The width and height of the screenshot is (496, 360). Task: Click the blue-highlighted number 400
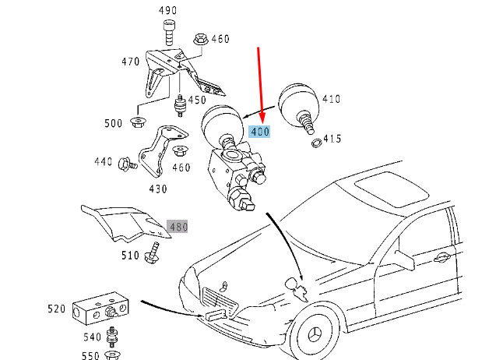click(x=259, y=132)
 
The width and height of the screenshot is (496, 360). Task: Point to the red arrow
click(x=261, y=86)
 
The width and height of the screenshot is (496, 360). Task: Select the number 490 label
click(x=167, y=10)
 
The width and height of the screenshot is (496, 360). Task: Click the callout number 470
click(x=129, y=62)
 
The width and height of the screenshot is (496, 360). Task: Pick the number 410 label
click(x=332, y=99)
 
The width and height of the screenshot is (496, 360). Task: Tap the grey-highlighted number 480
click(x=178, y=228)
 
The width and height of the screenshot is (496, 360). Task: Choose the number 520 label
click(x=57, y=309)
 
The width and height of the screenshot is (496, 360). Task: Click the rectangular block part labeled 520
click(x=100, y=311)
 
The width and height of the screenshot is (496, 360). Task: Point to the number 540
click(x=92, y=337)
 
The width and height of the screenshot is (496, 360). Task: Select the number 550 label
click(x=92, y=355)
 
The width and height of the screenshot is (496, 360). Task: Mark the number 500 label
click(x=114, y=122)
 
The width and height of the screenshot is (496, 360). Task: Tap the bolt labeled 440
click(x=125, y=164)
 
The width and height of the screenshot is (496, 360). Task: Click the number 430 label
click(x=157, y=189)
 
